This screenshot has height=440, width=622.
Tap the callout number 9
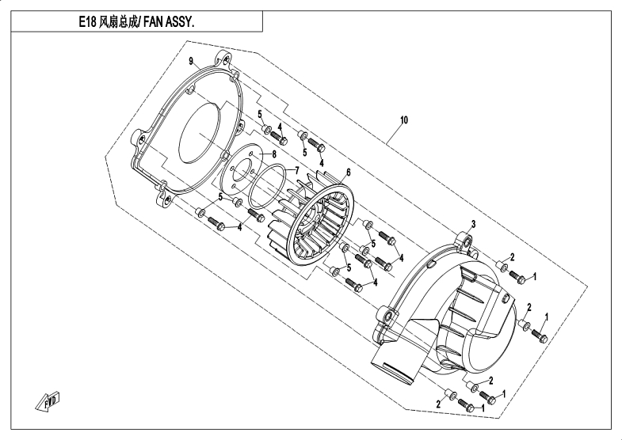click(191, 61)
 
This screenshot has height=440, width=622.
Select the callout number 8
click(273, 153)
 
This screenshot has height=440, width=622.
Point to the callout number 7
click(296, 170)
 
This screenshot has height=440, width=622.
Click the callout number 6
click(348, 172)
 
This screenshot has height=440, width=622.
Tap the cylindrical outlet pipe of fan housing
click(393, 363)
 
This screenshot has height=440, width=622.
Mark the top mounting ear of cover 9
click(225, 59)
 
